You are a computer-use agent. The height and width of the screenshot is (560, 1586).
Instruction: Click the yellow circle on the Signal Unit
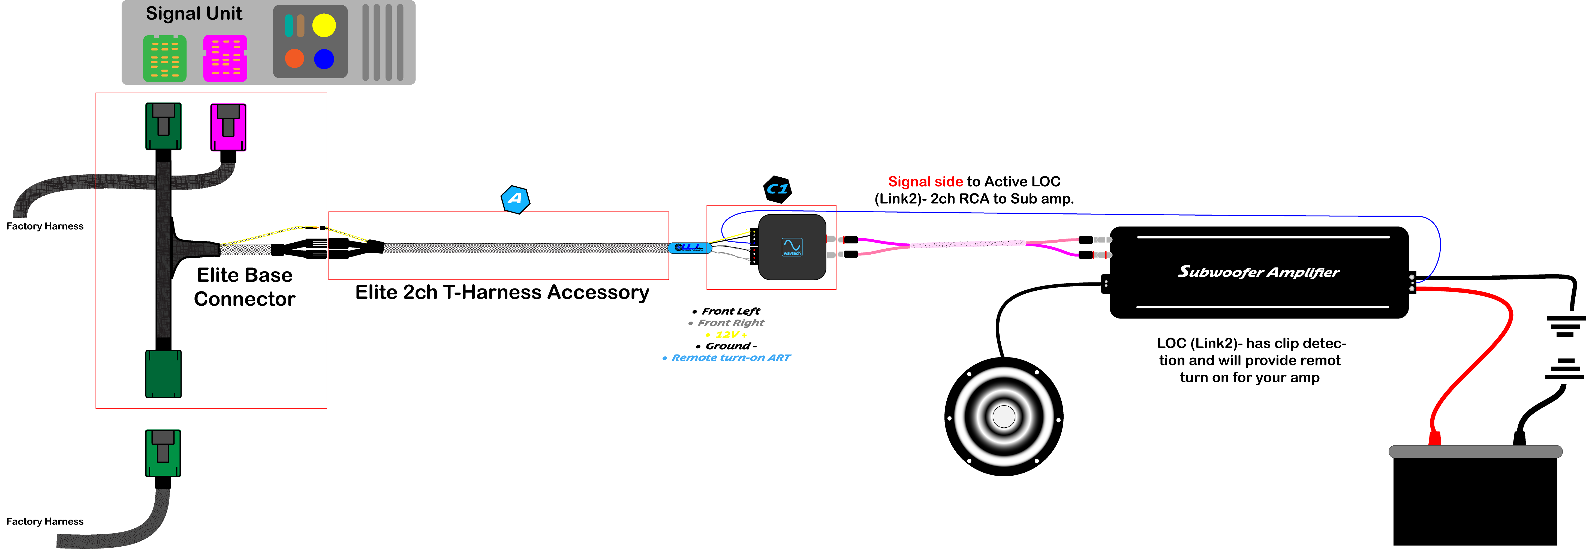coord(324,25)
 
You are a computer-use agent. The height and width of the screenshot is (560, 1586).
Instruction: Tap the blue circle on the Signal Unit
coord(324,59)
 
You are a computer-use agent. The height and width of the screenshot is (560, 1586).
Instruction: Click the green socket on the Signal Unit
coord(164,58)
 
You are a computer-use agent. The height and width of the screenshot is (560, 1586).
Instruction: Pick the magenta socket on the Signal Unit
coord(225,58)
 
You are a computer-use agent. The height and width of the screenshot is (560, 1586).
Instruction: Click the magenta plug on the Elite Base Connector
coord(228,127)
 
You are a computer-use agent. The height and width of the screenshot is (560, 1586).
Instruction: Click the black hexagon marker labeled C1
coord(777,189)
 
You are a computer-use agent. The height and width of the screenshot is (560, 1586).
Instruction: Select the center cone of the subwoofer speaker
coord(1004,416)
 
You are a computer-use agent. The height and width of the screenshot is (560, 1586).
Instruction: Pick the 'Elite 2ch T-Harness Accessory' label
coord(502,292)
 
